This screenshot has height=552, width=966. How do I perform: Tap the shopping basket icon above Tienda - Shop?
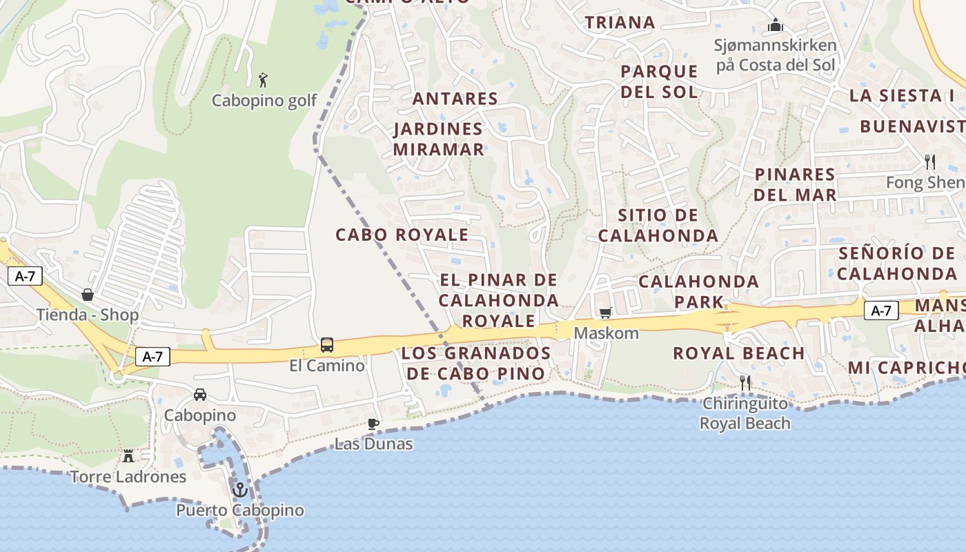88,295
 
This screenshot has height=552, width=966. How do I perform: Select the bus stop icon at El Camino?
327,345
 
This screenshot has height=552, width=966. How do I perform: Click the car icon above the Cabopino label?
200,395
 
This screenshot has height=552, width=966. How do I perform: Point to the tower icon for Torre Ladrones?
128,455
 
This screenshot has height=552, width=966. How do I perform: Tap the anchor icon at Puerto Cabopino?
240,490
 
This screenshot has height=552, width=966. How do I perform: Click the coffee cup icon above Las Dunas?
373,424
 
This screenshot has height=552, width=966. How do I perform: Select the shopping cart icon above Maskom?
606,313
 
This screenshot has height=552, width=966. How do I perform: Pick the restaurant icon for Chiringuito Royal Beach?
745,382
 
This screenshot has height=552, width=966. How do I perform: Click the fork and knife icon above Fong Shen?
930,162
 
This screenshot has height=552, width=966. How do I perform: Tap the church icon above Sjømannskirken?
776,26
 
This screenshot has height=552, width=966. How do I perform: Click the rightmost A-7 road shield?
881,310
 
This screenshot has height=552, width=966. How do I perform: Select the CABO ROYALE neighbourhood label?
402,235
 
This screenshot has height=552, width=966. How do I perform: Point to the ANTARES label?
455,99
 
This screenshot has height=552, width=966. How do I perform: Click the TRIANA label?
620,22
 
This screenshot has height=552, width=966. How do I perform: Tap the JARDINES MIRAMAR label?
439,139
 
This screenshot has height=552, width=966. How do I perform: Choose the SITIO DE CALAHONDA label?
658,225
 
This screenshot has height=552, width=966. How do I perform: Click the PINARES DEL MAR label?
795,184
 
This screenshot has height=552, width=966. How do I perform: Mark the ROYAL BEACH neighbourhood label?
739,353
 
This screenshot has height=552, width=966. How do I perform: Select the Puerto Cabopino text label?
239,511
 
